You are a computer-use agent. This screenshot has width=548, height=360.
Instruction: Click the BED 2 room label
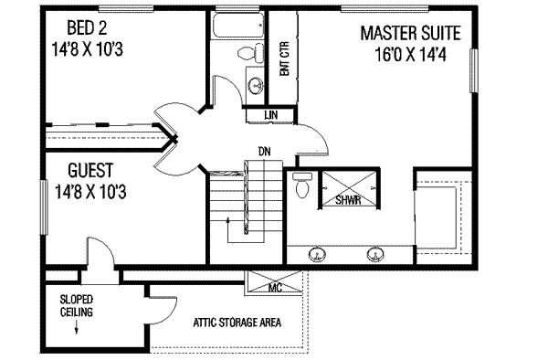[x=87, y=28]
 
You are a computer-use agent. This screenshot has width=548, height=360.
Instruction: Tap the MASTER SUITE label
[x=411, y=33]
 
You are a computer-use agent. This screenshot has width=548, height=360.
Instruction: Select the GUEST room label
[x=90, y=171]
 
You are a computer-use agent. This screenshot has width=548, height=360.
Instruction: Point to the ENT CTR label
[x=284, y=58]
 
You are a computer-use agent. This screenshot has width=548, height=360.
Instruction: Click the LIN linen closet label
[x=271, y=114]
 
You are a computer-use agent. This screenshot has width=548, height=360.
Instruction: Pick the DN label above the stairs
[x=264, y=152]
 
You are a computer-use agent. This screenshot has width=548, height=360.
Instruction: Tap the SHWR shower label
[x=348, y=200]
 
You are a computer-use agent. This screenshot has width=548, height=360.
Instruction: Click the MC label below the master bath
[x=275, y=288]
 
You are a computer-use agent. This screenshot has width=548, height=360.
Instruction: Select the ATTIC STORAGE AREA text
[x=237, y=323]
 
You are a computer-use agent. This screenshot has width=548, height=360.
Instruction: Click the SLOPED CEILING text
[x=77, y=305]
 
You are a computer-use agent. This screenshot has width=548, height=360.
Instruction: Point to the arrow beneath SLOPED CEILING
[x=76, y=327]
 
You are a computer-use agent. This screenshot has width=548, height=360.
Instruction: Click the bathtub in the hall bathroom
[x=237, y=25]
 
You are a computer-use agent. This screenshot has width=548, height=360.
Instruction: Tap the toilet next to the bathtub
[x=251, y=54]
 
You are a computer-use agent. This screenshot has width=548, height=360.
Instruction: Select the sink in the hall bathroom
[x=256, y=85]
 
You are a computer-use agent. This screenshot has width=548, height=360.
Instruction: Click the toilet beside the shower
[x=301, y=185]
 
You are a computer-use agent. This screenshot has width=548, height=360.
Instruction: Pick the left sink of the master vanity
[x=317, y=254]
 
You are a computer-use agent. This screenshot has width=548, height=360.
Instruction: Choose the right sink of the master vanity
[x=375, y=254]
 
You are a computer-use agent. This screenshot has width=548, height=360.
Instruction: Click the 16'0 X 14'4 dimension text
[x=411, y=55]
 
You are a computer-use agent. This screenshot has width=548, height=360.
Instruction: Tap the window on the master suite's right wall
[x=473, y=71]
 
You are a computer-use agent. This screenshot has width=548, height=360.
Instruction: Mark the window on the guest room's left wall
[x=44, y=207]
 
